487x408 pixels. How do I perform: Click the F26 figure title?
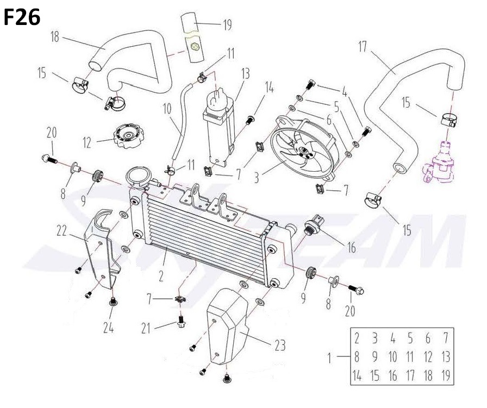click(22, 17)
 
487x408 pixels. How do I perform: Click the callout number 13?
click(245, 73)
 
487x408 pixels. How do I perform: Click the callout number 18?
click(55, 37)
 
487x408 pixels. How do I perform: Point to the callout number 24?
click(109, 328)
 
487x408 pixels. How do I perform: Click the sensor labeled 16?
click(315, 225)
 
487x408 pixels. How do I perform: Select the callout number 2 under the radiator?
click(161, 277)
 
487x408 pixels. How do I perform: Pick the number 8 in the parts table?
click(357, 357)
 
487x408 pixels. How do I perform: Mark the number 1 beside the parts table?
click(329, 357)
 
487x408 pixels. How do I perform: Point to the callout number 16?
click(352, 248)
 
